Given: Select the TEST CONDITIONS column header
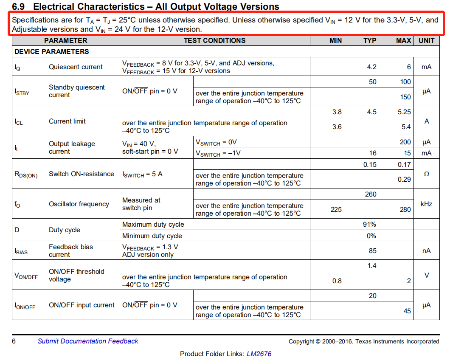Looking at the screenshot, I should coord(214,41).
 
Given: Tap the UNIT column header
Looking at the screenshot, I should coord(426,41).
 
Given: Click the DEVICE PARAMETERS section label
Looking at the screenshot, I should coord(52,52).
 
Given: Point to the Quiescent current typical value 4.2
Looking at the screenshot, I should coord(371,67).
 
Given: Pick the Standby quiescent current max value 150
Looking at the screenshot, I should coord(405,97).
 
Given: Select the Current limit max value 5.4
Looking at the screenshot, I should coord(406,127).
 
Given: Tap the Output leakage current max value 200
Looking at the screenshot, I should coord(405,142).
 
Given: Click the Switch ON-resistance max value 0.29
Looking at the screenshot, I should coord(404,180).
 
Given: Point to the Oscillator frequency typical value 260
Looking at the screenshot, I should coord(371,194).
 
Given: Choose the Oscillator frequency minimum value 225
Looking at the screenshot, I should coord(336,209).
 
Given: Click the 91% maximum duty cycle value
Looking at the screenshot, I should coord(369,225).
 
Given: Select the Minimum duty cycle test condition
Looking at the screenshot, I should coord(152,236).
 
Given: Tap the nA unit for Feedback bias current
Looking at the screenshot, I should coord(426,251).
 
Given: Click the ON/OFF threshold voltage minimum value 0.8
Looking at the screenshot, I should coord(337,281).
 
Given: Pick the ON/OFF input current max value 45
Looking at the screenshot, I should coord(407,311).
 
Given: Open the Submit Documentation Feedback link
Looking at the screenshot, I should coord(88,341).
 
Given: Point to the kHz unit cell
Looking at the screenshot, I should coord(426,204).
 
